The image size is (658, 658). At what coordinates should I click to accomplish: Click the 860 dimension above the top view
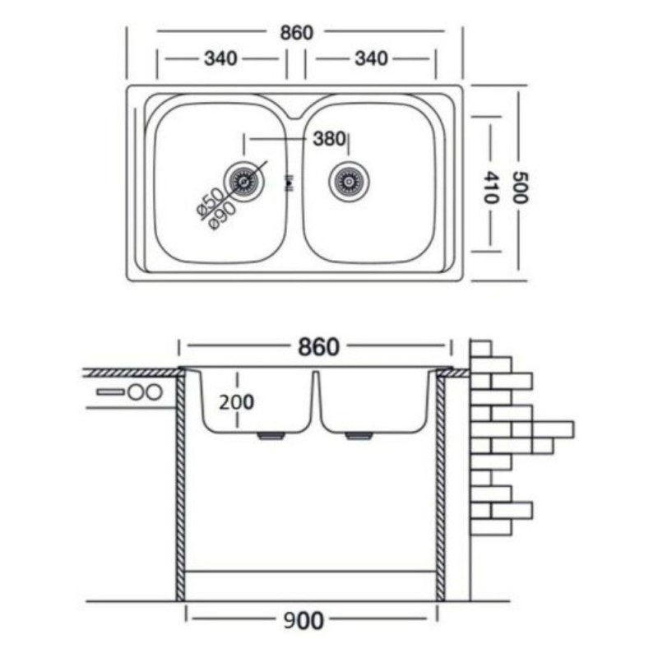[x=297, y=33]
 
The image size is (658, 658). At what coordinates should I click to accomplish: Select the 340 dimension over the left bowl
[x=220, y=59]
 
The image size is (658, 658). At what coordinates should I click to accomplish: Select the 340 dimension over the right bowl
[x=371, y=59]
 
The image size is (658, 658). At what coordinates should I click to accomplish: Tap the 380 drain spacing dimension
[x=328, y=139]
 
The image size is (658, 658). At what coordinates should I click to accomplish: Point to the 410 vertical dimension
[x=491, y=188]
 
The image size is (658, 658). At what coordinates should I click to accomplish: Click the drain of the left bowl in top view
[x=244, y=179]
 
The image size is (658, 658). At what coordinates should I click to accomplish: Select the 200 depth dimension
[x=236, y=402]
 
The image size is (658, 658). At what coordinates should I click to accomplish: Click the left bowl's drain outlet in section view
[x=269, y=437]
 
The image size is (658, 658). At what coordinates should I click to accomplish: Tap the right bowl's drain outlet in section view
[x=358, y=437]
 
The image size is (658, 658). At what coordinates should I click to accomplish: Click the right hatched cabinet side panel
[x=440, y=485]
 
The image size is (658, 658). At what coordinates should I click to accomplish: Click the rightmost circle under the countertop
[x=154, y=392]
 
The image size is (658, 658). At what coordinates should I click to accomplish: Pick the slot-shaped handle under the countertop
[x=110, y=392]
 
